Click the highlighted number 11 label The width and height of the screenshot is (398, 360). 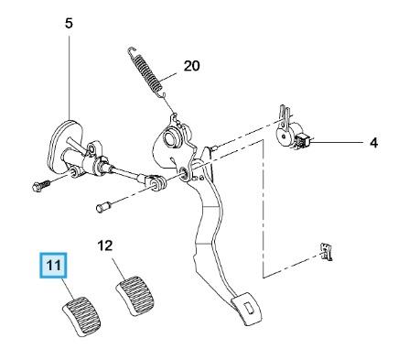tap(53, 266)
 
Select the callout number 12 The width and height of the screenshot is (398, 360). tap(105, 245)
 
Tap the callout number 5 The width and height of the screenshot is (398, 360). tap(70, 23)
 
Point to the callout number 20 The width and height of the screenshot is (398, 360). tap(191, 66)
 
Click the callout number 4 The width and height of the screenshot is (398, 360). tap(373, 143)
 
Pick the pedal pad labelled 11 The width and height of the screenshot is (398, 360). tap(81, 316)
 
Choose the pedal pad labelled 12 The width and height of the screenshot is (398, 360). tap(135, 296)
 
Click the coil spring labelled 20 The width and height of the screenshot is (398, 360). tap(147, 73)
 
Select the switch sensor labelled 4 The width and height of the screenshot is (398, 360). tap(292, 132)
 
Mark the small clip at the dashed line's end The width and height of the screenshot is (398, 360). tap(326, 252)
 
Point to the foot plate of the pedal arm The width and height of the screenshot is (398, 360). tap(247, 310)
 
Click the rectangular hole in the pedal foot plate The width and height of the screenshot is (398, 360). tap(249, 308)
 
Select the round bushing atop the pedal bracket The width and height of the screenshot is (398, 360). tap(172, 136)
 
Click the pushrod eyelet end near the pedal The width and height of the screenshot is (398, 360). tap(157, 183)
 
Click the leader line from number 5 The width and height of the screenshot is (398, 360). tap(70, 78)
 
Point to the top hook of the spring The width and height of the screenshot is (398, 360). tap(132, 51)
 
